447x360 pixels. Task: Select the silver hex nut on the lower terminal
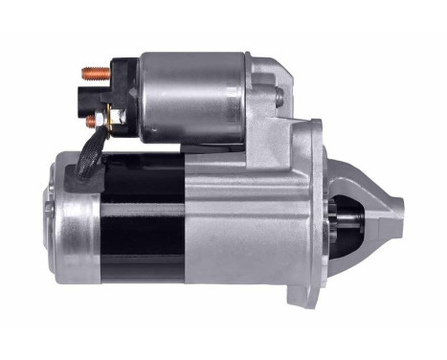click(x=105, y=121)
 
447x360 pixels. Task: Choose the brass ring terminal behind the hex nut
click(x=115, y=119)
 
